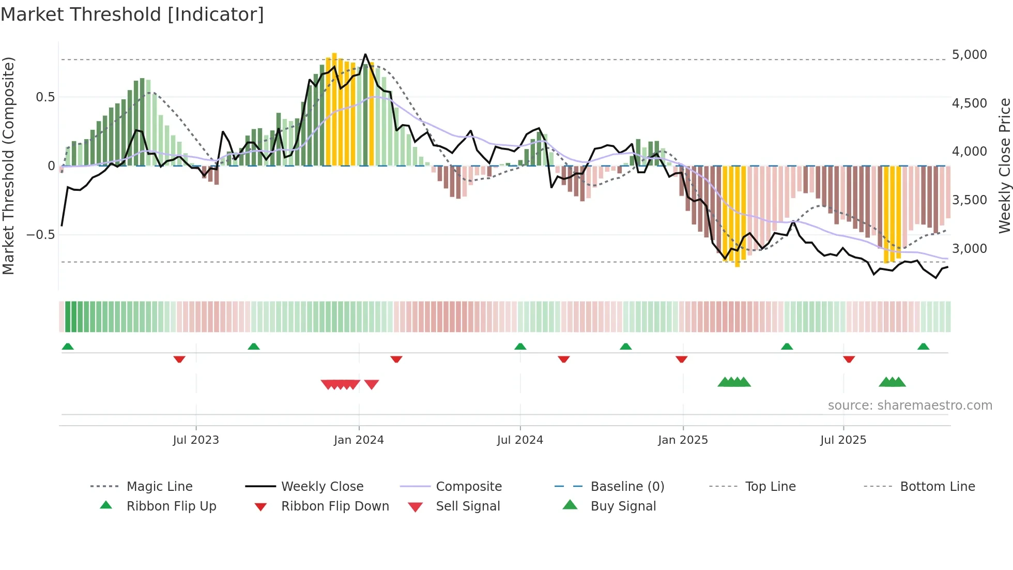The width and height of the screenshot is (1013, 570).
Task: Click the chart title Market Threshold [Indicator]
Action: click(x=132, y=14)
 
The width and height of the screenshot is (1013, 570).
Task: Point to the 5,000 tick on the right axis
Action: click(x=969, y=55)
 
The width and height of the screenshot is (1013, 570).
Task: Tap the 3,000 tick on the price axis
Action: click(x=969, y=249)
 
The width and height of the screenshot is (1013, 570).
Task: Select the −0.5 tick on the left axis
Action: click(x=40, y=235)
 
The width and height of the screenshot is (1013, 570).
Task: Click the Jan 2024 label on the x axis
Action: click(x=359, y=440)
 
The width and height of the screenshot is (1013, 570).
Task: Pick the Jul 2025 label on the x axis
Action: click(x=843, y=440)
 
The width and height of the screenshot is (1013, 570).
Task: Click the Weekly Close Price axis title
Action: click(x=1004, y=166)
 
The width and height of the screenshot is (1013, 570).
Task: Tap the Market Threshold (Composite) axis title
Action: click(x=8, y=166)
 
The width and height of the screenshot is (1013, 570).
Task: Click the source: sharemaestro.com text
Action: click(x=910, y=406)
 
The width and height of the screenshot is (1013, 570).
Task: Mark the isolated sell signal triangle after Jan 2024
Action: click(x=372, y=384)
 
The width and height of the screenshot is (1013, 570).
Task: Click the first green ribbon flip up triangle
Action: click(x=68, y=347)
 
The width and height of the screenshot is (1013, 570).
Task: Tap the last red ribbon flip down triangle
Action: click(x=849, y=359)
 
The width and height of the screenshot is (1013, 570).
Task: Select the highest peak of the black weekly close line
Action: click(x=365, y=54)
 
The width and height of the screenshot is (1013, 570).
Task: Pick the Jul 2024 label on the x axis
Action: click(x=520, y=440)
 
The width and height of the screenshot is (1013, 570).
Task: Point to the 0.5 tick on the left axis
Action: click(x=45, y=97)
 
